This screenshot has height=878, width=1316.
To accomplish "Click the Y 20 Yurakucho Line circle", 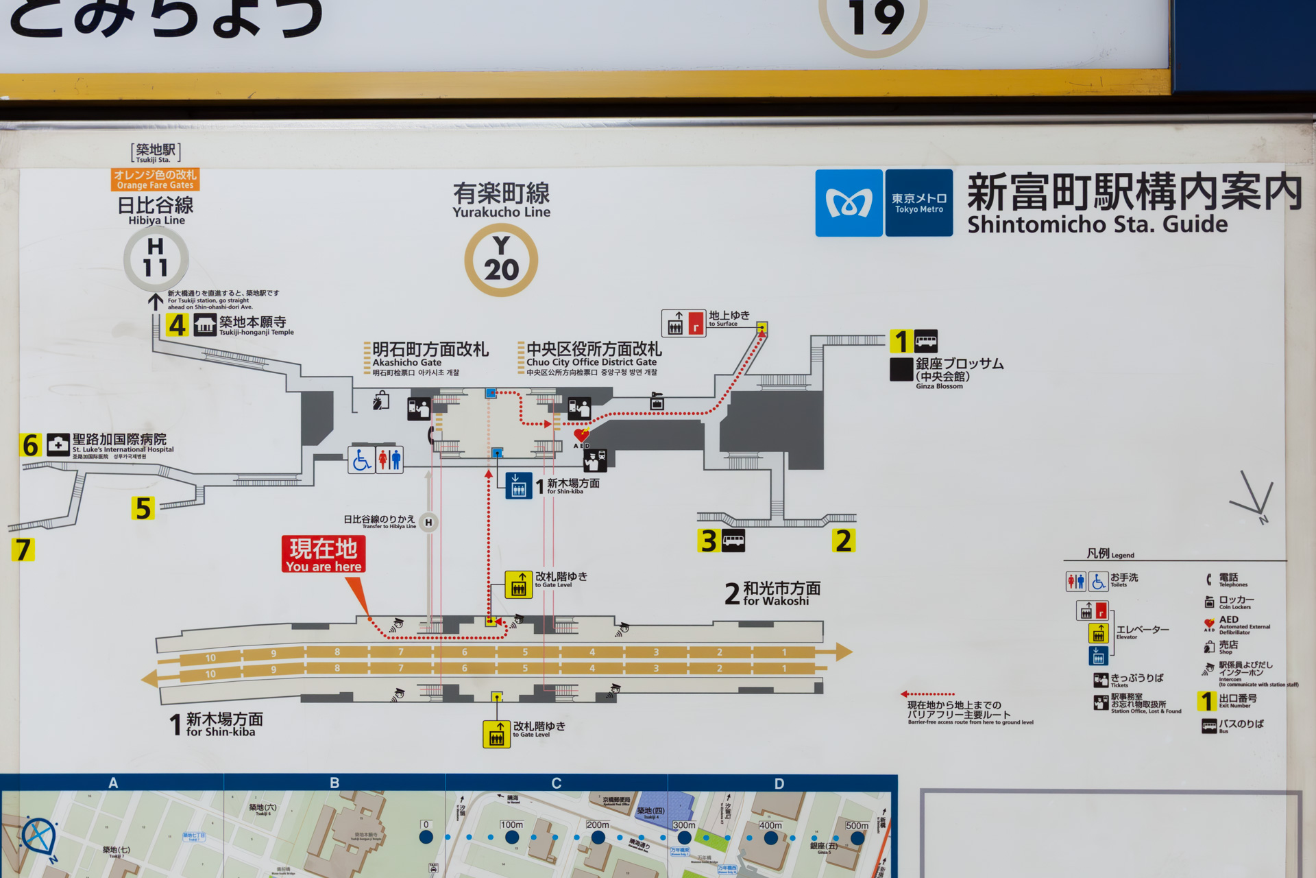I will point(501,260).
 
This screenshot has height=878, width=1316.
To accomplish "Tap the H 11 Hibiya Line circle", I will point(156,259).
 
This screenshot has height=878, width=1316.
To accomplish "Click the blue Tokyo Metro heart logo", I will point(849,203).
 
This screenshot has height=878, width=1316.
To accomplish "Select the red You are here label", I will point(324,554).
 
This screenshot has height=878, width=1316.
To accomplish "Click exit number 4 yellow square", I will point(178,324).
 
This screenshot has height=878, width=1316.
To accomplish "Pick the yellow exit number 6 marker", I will point(31,445).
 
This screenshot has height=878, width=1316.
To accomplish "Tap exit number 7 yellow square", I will point(23,549).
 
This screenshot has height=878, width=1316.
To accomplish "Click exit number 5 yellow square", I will point(143,508).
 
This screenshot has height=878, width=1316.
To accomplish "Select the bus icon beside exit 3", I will point(733,541).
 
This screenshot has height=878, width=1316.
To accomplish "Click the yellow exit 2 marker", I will point(844,541).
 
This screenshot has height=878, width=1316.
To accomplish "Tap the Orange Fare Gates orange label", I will point(156,180).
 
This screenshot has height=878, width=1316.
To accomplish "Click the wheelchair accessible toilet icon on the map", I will point(361,460).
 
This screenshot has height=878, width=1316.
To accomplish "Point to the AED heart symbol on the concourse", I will point(581,435).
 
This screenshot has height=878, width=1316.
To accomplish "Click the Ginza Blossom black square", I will point(901,369).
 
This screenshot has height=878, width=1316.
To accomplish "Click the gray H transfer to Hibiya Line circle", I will point(428,523).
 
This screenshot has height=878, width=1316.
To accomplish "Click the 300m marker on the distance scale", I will point(684,837).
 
